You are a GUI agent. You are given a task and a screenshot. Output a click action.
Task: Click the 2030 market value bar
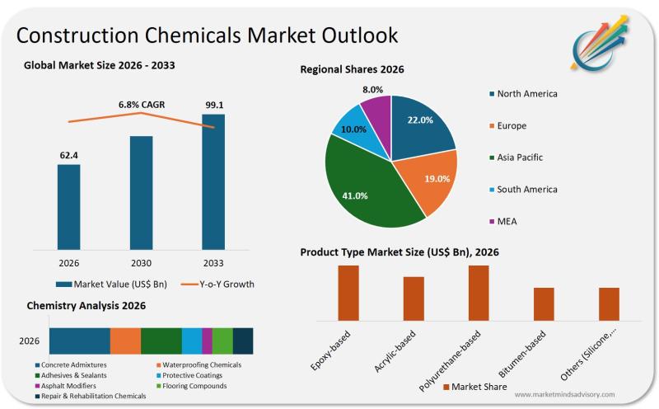pyautogui.click(x=142, y=191)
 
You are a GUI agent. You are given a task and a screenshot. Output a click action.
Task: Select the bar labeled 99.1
pyautogui.click(x=213, y=181)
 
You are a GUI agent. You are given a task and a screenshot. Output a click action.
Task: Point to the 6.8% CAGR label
pyautogui.click(x=142, y=106)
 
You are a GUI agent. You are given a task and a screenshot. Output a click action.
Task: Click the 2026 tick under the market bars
pyautogui.click(x=69, y=263)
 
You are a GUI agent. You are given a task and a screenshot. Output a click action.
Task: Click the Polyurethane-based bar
pyautogui.click(x=479, y=293)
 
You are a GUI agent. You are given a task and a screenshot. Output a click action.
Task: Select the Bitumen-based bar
pyautogui.click(x=544, y=303)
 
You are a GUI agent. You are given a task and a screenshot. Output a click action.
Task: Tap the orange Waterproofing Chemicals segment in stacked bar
pyautogui.click(x=125, y=341)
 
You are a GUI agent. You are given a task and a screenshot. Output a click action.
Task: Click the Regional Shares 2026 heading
pyautogui.click(x=352, y=70)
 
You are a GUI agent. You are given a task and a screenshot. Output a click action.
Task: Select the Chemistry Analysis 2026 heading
pyautogui.click(x=86, y=306)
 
